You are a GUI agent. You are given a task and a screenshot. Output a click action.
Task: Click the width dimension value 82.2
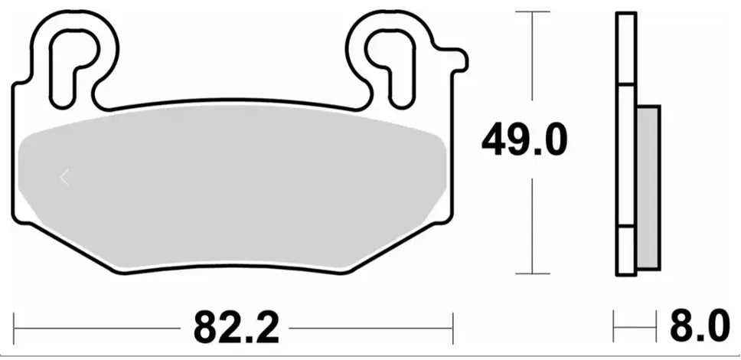(x=235, y=329)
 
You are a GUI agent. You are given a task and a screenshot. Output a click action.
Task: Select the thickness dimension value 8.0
(x=700, y=329)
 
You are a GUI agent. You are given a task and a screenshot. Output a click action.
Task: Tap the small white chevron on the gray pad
(x=64, y=178)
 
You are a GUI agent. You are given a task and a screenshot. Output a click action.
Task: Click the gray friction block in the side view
(x=648, y=188)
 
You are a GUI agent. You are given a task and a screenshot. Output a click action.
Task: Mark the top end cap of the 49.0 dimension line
(x=531, y=12)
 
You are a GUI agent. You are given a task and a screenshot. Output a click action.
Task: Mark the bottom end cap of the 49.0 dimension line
(x=531, y=273)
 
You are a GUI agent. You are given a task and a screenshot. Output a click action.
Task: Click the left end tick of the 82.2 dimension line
(x=15, y=329)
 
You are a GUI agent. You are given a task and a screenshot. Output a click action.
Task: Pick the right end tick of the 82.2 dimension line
(x=453, y=329)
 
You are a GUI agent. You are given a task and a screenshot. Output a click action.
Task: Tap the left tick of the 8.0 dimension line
(x=615, y=329)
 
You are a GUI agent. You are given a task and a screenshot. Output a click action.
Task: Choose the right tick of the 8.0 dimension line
(x=658, y=329)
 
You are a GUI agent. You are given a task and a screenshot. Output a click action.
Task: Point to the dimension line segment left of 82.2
(x=100, y=329)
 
